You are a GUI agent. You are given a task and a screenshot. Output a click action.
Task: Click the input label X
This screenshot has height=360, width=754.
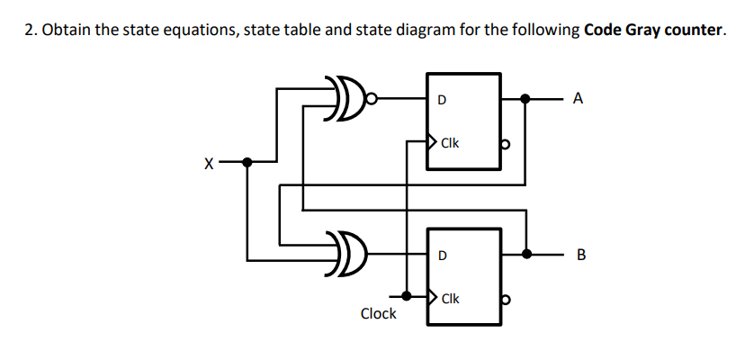click(209, 163)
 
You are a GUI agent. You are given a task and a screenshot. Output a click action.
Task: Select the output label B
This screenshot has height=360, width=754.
click(579, 255)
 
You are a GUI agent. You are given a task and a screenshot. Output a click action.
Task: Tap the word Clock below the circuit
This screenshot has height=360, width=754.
click(378, 313)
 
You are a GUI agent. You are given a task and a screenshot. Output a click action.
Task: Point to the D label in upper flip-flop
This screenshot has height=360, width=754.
click(441, 99)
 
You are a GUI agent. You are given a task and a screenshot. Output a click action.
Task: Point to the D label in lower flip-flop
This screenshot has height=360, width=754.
click(441, 255)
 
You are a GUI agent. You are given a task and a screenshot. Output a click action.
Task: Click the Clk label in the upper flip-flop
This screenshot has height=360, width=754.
click(451, 142)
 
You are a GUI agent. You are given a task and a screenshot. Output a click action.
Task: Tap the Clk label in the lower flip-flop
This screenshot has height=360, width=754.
click(451, 298)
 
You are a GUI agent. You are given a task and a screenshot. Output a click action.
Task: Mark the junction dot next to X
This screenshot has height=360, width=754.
click(248, 163)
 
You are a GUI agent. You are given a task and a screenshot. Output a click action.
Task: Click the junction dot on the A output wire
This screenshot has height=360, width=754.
click(525, 99)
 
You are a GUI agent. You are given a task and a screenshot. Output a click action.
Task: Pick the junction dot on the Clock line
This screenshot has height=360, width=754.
click(407, 295)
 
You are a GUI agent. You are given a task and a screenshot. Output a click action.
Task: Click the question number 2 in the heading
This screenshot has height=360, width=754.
click(28, 31)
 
